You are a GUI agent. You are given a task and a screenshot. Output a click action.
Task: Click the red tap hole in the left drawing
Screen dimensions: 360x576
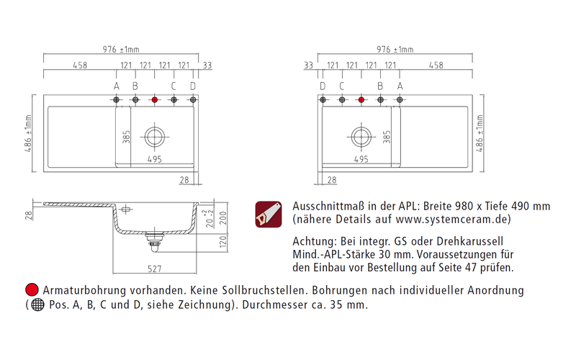pyautogui.click(x=154, y=100)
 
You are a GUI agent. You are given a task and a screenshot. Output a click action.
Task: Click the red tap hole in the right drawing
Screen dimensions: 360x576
pyautogui.click(x=361, y=100)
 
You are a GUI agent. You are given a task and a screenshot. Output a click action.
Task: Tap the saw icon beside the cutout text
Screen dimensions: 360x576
pyautogui.click(x=269, y=214)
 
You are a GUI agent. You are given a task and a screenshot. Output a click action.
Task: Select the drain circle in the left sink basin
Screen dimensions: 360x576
pyautogui.click(x=154, y=135)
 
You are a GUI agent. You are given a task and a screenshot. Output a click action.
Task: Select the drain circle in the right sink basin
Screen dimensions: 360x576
pyautogui.click(x=361, y=135)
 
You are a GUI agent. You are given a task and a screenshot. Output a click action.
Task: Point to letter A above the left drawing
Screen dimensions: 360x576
pyautogui.click(x=117, y=86)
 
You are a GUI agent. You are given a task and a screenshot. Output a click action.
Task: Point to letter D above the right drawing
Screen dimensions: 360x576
pyautogui.click(x=323, y=86)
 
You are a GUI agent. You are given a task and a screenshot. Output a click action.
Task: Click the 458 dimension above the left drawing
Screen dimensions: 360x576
pyautogui.click(x=80, y=66)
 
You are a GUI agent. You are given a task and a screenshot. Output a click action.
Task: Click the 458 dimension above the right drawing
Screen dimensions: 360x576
pyautogui.click(x=436, y=66)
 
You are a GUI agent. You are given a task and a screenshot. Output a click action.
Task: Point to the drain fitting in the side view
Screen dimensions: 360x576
pyautogui.click(x=153, y=240)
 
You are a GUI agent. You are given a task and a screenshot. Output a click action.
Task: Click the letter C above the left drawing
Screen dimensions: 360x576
pyautogui.click(x=174, y=86)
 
